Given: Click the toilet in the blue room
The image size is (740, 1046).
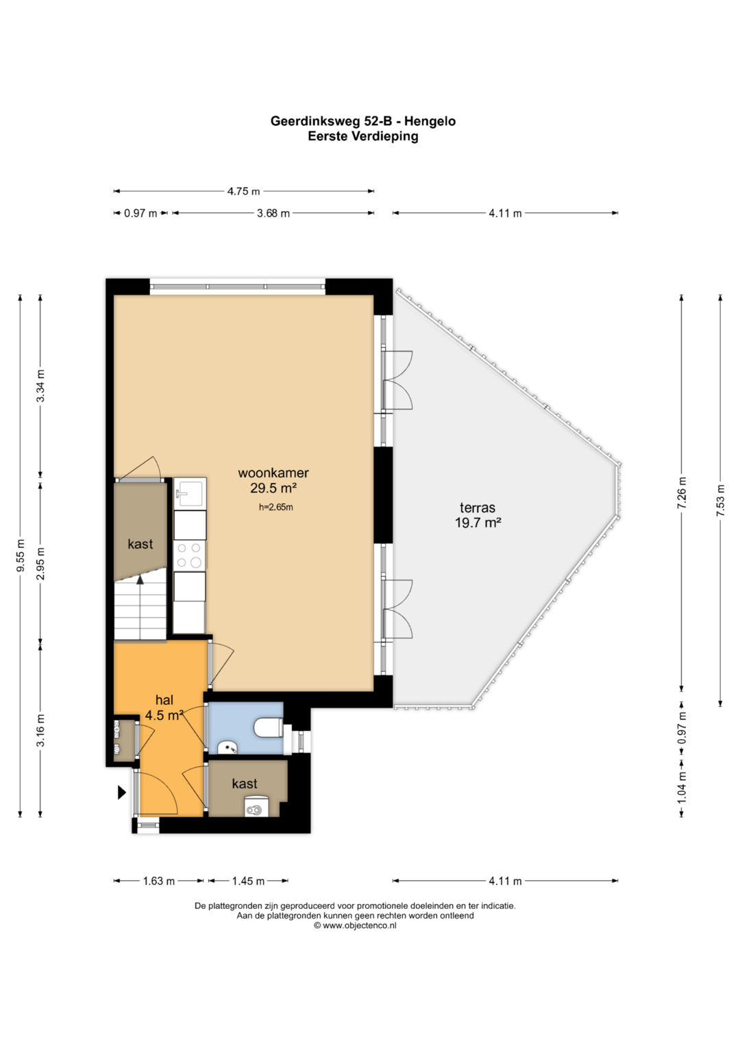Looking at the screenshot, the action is (269, 728).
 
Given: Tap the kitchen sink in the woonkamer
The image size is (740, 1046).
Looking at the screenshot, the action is (190, 493).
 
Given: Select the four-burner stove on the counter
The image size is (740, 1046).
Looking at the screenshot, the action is (190, 556).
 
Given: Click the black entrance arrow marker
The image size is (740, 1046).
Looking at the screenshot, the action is (122, 793).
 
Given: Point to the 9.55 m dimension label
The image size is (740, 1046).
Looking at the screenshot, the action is (20, 556).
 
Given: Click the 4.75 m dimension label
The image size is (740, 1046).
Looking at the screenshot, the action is (243, 191).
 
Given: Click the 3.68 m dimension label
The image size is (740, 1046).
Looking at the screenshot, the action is (273, 214).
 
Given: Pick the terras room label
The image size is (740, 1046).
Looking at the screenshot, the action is (478, 508).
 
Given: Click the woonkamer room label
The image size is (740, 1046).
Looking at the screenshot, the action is (273, 473).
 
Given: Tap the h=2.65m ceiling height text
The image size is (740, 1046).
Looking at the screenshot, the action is (276, 507).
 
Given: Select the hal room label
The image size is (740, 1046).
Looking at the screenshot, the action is (164, 700).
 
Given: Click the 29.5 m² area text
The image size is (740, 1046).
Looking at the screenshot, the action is (274, 488).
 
